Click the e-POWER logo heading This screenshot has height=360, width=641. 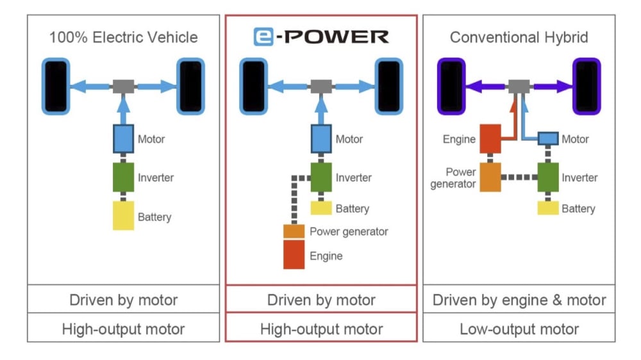pos(320,37)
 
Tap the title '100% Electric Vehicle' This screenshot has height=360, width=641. pos(124,37)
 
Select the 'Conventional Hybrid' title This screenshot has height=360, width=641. pos(519,37)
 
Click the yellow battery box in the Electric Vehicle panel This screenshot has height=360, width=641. pos(123,216)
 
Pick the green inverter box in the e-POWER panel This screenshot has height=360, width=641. pos(320,177)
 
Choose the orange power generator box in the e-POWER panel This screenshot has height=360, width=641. pos(294,231)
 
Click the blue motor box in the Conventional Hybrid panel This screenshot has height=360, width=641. pos(547,139)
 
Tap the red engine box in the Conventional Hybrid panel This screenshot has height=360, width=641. pos(490,138)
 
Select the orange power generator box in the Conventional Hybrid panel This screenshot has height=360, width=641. pos(490,177)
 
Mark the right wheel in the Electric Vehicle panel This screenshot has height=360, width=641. pos(190,86)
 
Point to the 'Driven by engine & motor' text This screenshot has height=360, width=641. pos(519,300)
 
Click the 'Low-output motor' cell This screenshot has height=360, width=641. pos(519,329)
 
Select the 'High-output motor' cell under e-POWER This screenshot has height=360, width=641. pos(320,329)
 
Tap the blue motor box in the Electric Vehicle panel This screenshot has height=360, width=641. pos(123,138)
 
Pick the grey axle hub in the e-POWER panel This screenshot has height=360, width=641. pos(320,86)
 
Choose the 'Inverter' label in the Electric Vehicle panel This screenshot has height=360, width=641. pos(155,177)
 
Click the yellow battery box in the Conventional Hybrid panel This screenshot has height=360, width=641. pos(547,208)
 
